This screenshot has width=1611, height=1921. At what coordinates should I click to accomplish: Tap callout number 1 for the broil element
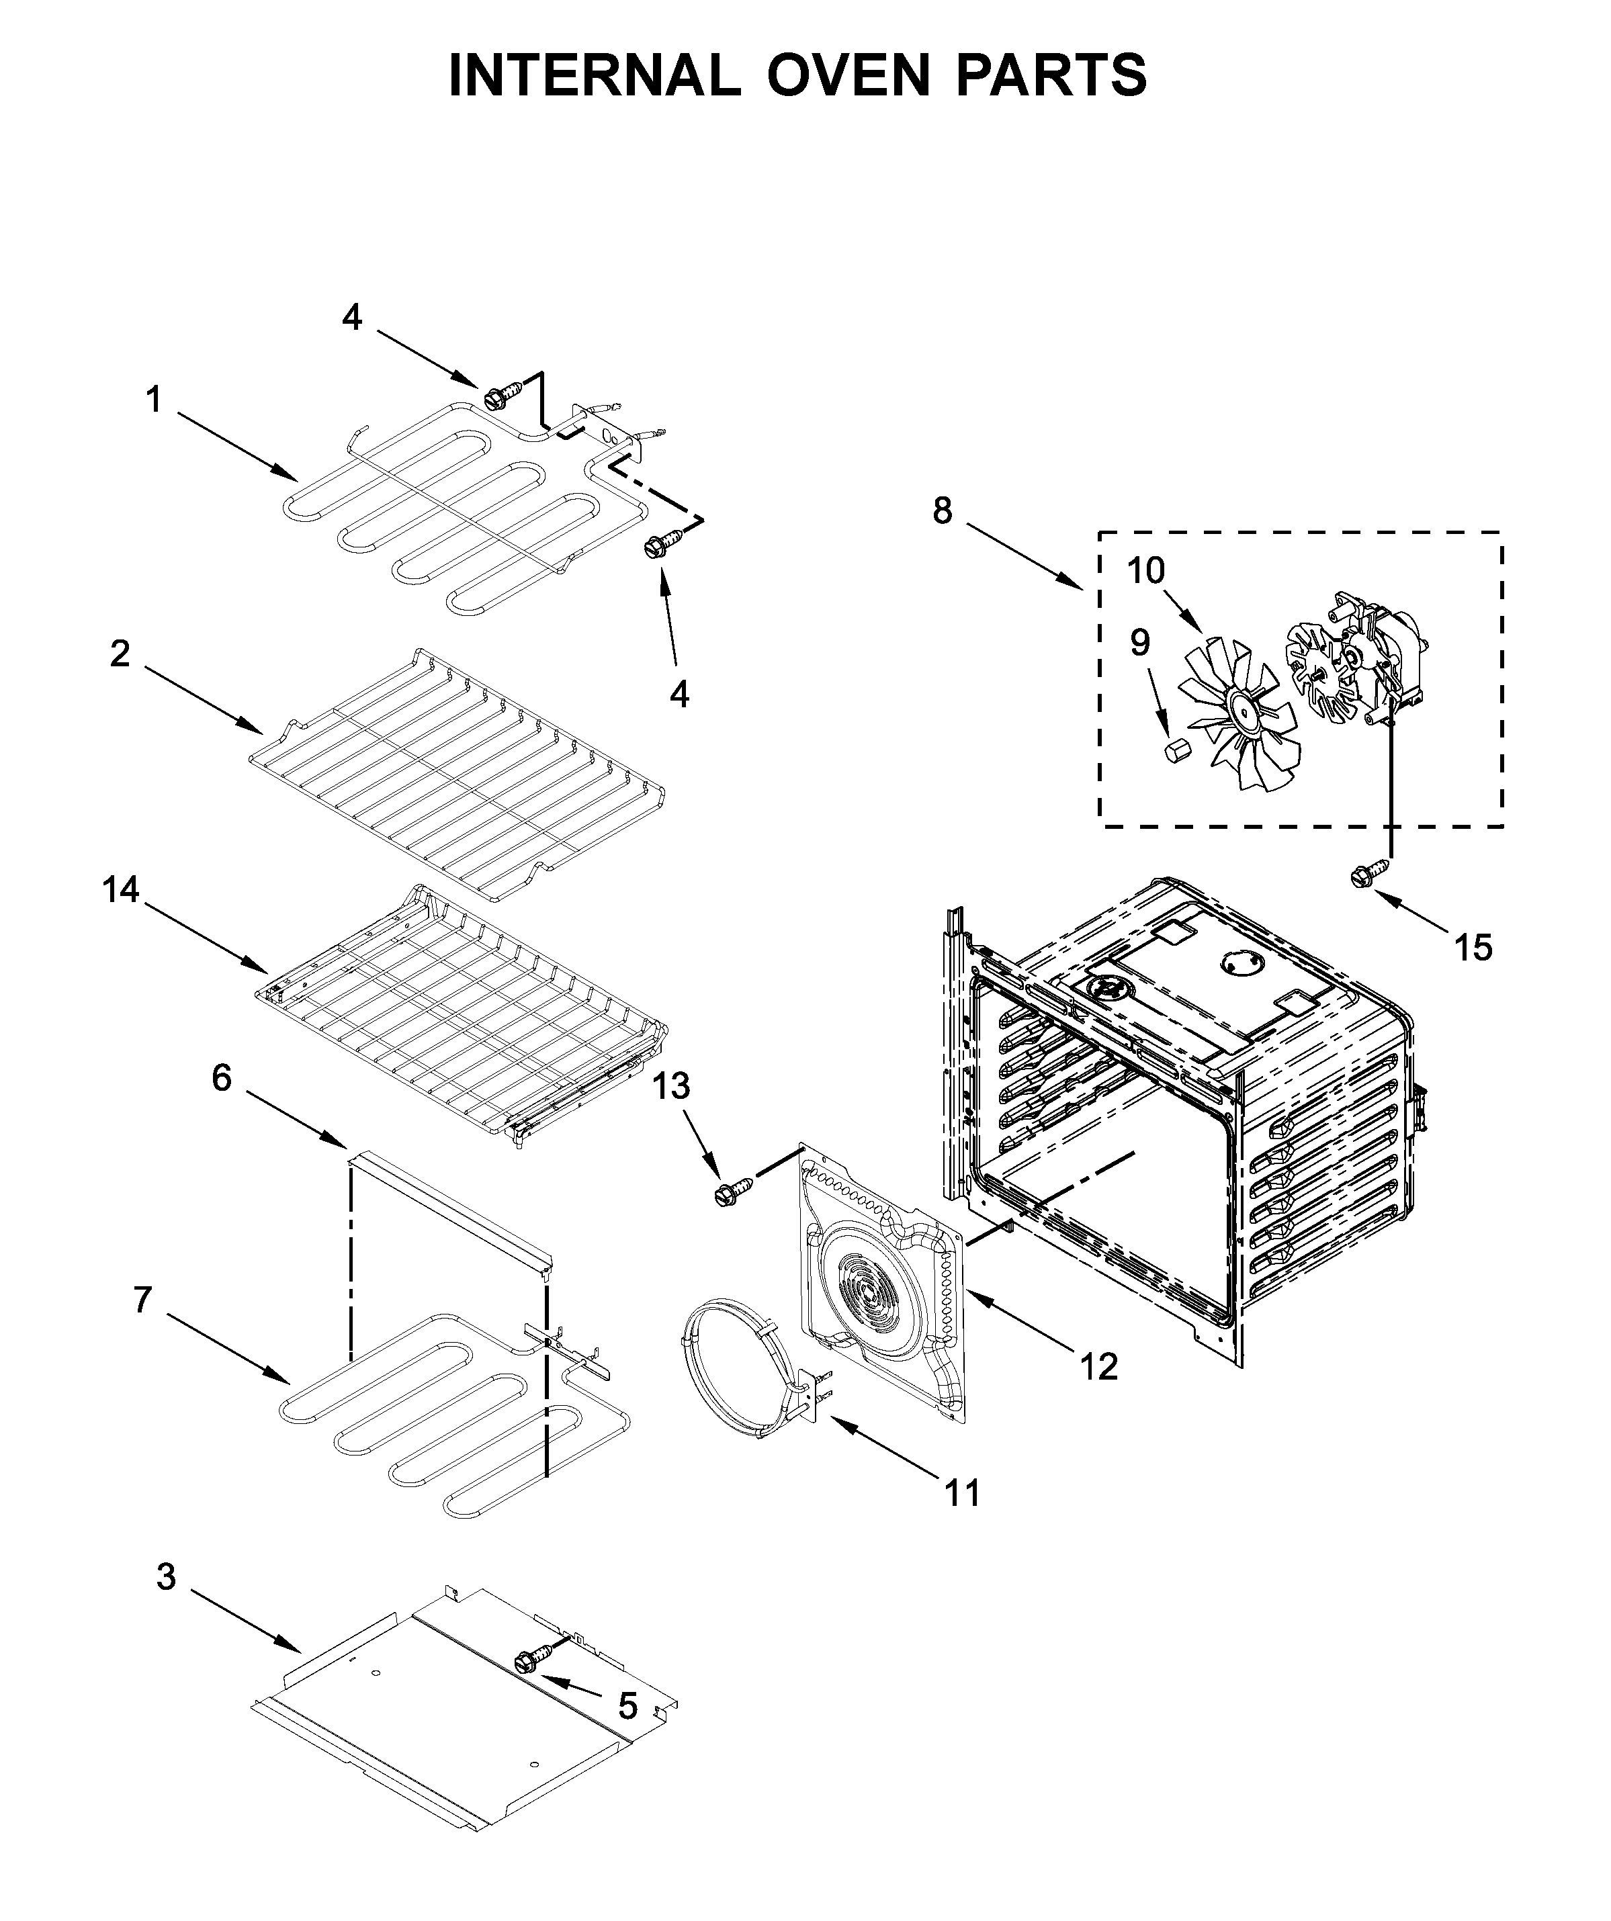click(154, 400)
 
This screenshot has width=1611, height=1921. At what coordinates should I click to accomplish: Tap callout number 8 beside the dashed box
click(943, 510)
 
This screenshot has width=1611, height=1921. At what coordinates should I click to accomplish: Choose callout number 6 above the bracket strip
click(222, 1079)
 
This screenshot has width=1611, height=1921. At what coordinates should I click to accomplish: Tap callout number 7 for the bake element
click(142, 1300)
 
